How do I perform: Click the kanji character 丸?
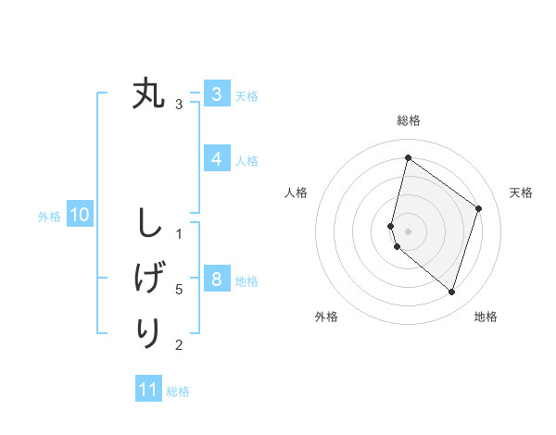coord(148,93)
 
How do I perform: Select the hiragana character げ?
coord(148,279)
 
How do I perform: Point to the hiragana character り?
coord(148,332)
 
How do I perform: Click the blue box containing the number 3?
coord(216,93)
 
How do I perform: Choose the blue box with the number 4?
coord(216,158)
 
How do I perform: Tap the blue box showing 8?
coord(216,279)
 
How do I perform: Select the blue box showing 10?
coord(79,216)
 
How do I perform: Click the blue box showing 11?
coord(148,389)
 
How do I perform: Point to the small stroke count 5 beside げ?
coord(179,290)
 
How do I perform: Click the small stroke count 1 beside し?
coord(179,234)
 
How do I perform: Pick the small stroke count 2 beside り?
coord(179,345)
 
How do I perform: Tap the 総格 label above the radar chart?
coord(408,120)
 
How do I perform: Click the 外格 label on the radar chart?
coord(326,317)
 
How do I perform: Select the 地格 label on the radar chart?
coord(486,317)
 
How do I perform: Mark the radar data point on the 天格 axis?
coord(478,208)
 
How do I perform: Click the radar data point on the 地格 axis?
coord(451,292)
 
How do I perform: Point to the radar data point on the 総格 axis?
coord(408,157)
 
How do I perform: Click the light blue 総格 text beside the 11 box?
coord(178,391)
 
